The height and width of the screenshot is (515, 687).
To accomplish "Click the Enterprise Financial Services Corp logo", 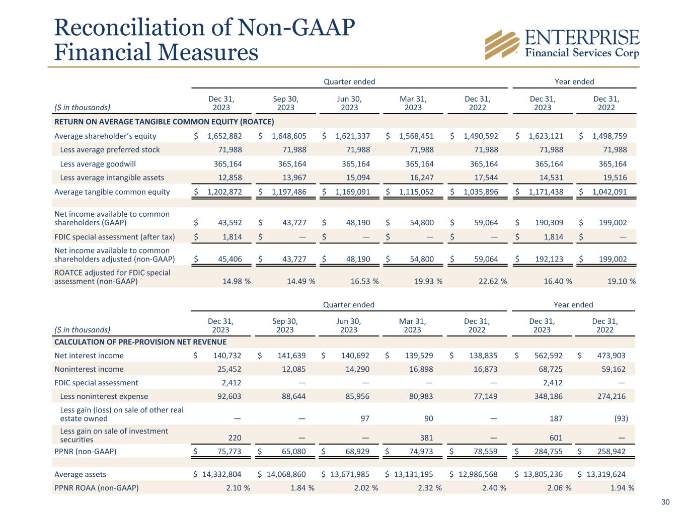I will (x=562, y=44).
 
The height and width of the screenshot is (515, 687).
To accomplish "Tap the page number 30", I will (x=665, y=502).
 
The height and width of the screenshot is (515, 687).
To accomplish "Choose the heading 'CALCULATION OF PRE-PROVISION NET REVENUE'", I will (x=140, y=342).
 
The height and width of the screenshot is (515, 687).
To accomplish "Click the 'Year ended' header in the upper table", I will (x=574, y=81).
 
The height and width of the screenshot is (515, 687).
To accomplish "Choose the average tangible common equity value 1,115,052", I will (x=416, y=192).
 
